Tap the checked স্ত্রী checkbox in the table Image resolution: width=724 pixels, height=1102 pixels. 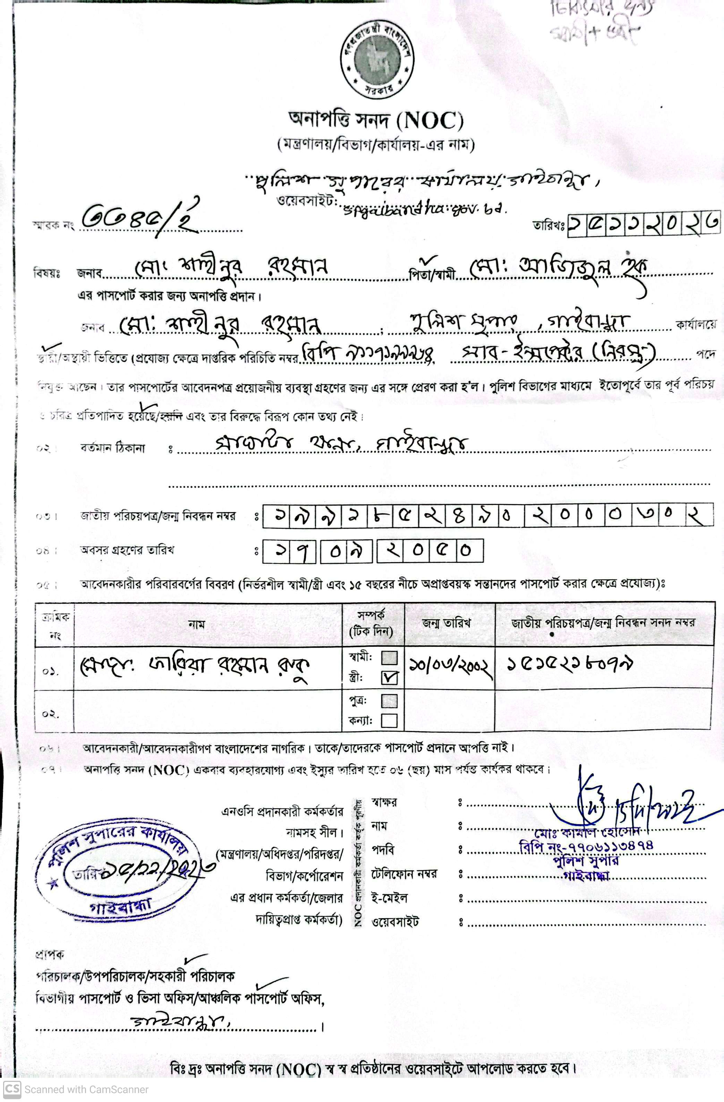pos(390,678)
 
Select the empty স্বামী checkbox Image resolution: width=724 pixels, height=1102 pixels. pos(390,657)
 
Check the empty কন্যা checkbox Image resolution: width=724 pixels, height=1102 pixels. pos(390,721)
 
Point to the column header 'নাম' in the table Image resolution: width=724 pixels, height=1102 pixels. pos(196,625)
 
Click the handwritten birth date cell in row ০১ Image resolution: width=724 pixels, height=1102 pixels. pos(449,667)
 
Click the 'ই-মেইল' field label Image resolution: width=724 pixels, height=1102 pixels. pos(389,898)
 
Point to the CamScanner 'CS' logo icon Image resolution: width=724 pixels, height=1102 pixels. pos(11,1089)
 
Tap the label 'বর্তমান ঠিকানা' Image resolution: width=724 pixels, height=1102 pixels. pos(112,448)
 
